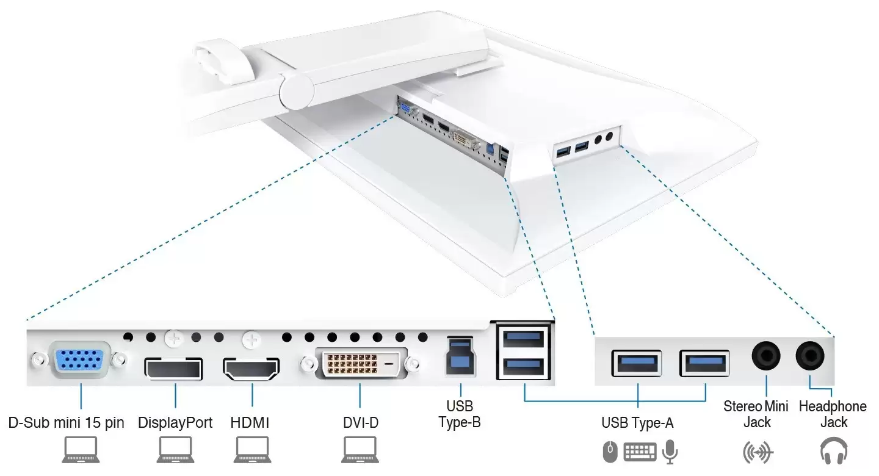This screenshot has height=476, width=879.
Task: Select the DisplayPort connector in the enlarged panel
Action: [x=173, y=368]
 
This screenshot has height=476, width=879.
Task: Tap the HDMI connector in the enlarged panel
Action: [x=251, y=368]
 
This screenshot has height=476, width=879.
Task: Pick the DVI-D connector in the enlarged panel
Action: [x=360, y=366]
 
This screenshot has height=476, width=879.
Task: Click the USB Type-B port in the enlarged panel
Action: [x=460, y=358]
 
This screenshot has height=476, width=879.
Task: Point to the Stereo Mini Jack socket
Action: [x=765, y=355]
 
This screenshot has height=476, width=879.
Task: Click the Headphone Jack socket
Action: [x=810, y=355]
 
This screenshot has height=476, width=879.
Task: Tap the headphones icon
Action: [x=833, y=452]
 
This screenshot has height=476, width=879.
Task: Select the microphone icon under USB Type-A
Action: [x=670, y=452]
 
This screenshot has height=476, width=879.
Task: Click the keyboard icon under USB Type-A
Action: [x=640, y=452]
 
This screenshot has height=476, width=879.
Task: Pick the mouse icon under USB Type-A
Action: [x=610, y=452]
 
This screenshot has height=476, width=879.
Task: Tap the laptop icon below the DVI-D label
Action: [x=360, y=451]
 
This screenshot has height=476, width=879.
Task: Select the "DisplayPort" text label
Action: [x=175, y=422]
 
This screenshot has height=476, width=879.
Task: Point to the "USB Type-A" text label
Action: [x=637, y=422]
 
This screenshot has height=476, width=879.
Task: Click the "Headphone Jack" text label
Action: [x=833, y=414]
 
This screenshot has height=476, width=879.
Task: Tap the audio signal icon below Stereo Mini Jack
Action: [x=758, y=452]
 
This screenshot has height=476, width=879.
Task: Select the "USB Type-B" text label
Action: [x=460, y=414]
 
